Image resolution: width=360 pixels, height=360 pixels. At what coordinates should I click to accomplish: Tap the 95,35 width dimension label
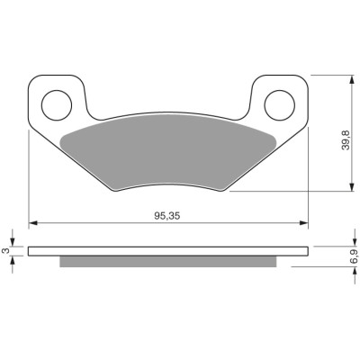[167, 216]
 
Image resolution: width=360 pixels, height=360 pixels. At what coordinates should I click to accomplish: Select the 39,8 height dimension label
[346, 140]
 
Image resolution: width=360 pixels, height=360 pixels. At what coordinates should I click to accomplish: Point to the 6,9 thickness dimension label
[354, 256]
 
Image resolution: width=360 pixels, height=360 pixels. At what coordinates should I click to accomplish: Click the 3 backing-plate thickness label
[5, 251]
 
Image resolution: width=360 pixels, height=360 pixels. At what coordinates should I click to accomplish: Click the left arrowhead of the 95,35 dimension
[32, 223]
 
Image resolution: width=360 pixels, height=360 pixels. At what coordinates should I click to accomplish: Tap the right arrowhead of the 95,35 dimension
[304, 223]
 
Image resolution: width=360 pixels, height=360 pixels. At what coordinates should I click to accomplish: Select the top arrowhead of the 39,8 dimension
[351, 79]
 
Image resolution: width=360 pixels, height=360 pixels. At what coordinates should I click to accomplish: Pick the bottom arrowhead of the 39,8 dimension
[351, 186]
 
